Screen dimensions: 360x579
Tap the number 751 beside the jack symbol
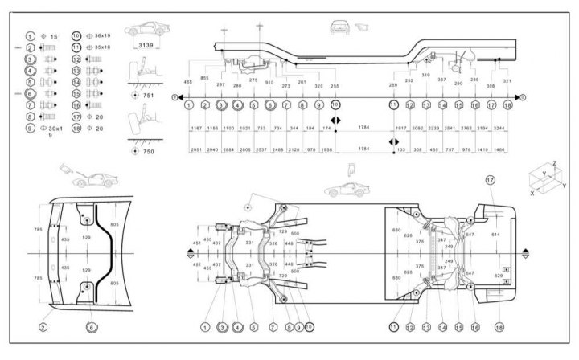tap(148, 94)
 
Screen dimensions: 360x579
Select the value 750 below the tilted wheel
tap(148, 152)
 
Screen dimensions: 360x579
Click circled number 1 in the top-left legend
tap(29, 36)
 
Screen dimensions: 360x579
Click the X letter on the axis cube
tap(532, 193)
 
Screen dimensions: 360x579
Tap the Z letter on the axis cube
tap(553, 164)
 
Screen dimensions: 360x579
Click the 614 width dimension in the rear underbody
tap(495, 234)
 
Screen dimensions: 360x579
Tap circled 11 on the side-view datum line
tap(393, 105)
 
